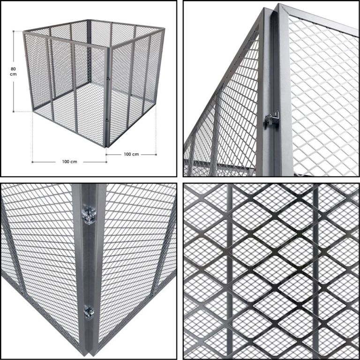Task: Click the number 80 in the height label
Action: tap(13, 69)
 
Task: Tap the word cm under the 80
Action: tap(13, 74)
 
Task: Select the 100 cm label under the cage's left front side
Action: tap(69, 162)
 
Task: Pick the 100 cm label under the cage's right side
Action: tap(131, 154)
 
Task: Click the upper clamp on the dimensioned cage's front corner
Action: tap(108, 79)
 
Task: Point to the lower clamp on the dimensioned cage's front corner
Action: tap(107, 120)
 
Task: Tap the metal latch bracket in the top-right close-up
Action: tap(272, 118)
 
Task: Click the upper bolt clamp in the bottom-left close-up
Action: tap(89, 216)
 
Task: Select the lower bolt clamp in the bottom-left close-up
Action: tap(89, 313)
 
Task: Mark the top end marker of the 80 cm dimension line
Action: tap(14, 31)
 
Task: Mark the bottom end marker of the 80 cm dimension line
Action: tap(14, 112)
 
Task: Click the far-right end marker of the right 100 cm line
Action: tap(156, 155)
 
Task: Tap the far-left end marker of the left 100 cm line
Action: tap(32, 162)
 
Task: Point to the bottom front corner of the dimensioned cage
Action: tap(105, 147)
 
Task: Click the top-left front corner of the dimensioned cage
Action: tap(24, 33)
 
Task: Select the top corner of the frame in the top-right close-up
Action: tap(279, 4)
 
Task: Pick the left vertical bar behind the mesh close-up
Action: tap(230, 271)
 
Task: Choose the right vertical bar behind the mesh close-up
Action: tap(316, 271)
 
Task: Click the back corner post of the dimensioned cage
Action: tap(89, 51)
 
